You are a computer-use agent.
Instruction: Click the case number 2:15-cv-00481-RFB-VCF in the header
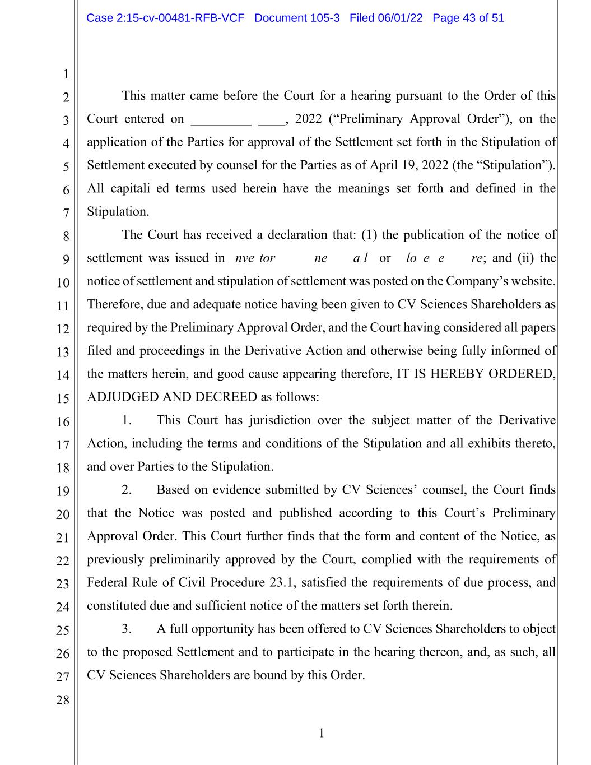165,18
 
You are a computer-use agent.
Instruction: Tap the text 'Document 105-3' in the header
297,18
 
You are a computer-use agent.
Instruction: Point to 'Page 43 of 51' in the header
468,18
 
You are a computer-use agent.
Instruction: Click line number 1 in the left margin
66,75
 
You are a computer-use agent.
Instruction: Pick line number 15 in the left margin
63,399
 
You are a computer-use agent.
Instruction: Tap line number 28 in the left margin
63,700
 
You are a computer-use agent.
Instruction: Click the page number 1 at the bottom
321,733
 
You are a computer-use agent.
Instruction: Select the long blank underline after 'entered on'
221,120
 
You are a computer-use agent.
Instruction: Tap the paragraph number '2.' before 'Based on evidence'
127,490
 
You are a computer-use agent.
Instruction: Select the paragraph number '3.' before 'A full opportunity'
127,629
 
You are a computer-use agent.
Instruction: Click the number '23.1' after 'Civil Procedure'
282,582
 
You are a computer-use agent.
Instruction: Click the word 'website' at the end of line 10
531,281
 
